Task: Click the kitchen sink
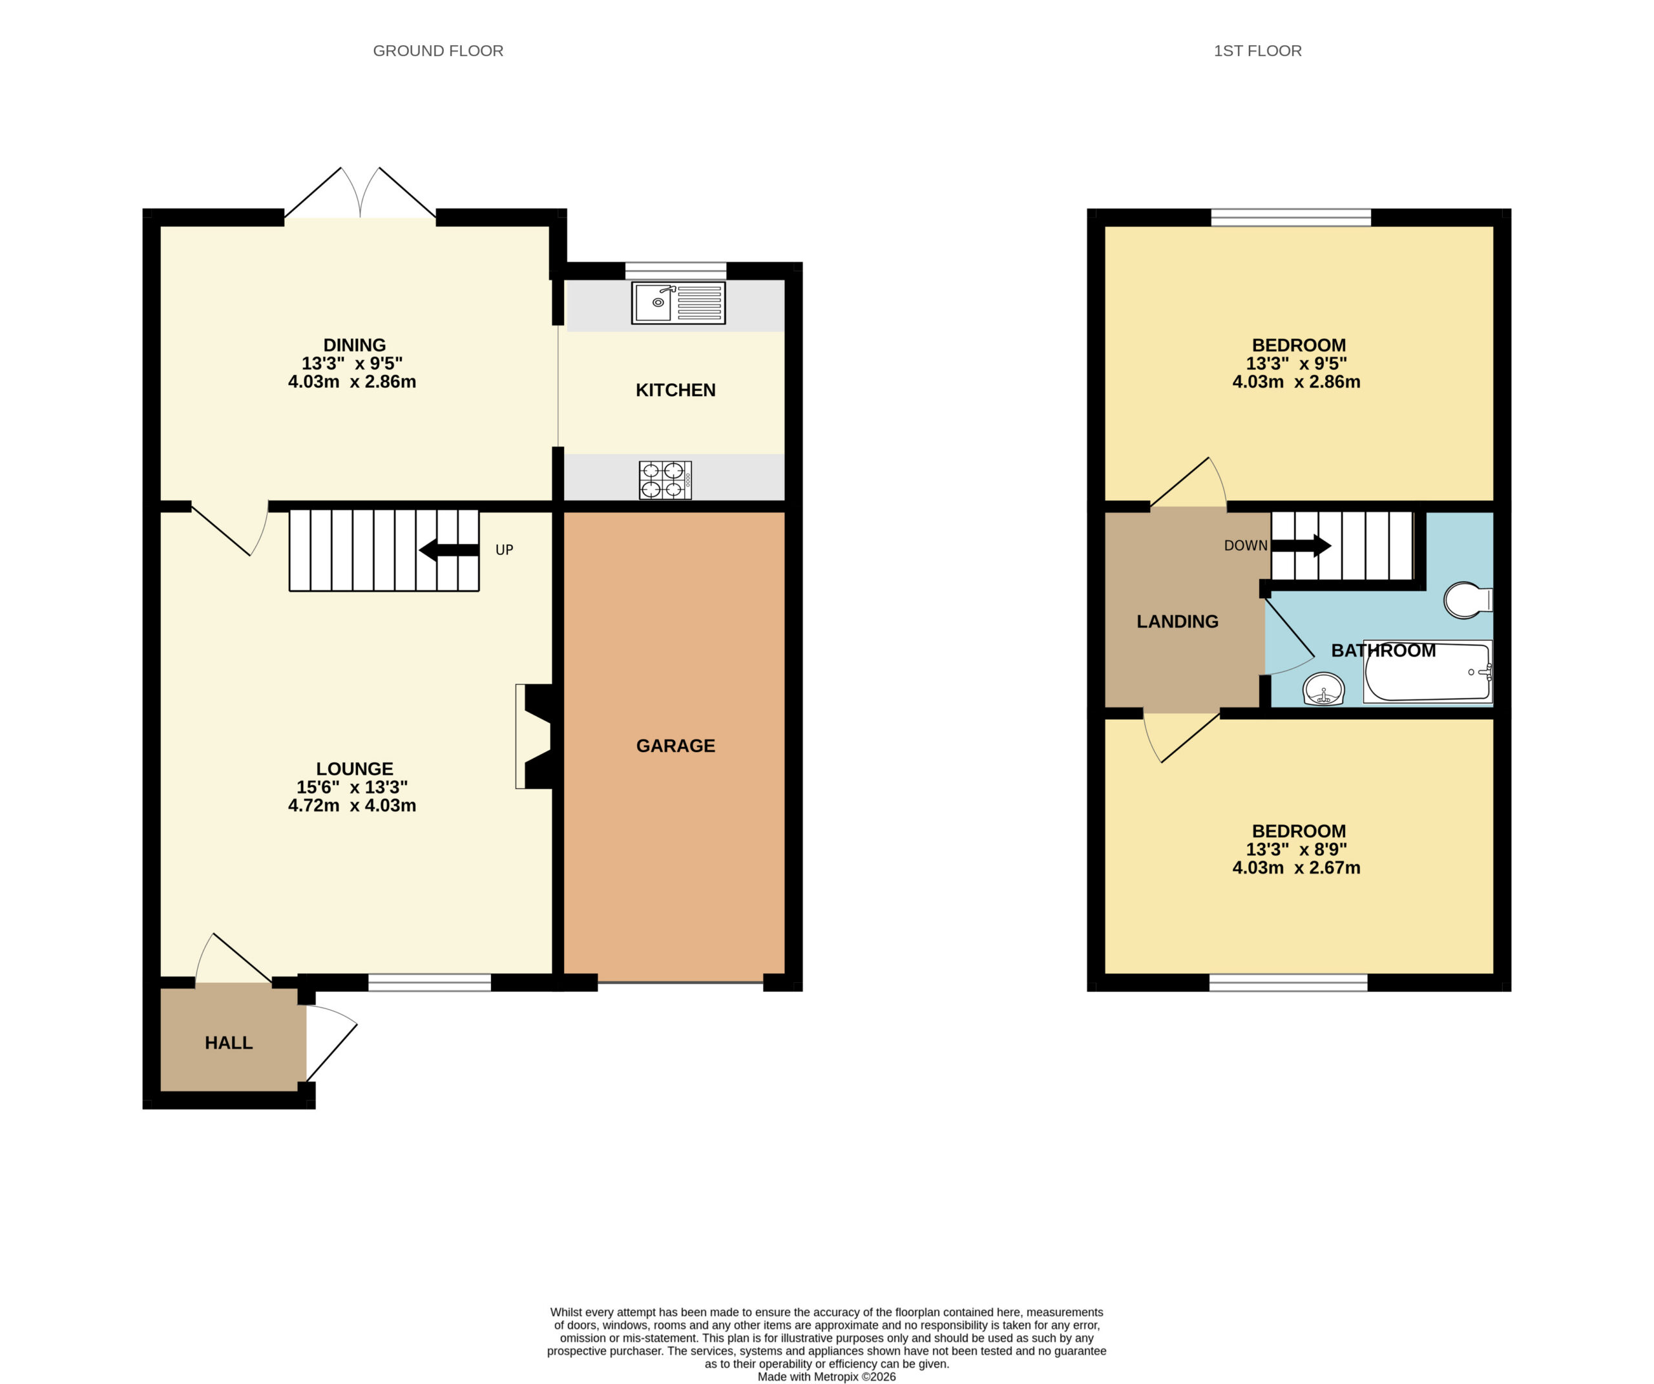[678, 302]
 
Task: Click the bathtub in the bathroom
[1428, 672]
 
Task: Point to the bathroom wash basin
[1324, 689]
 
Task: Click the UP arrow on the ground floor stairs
[449, 550]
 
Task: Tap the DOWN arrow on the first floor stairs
[1301, 545]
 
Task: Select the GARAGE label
[676, 746]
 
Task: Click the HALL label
[229, 1043]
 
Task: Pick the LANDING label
[1177, 622]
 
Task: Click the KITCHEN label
[676, 390]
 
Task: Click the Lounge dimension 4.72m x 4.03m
[352, 805]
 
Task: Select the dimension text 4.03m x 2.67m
[1297, 867]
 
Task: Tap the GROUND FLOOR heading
[438, 51]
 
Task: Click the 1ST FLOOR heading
[1258, 51]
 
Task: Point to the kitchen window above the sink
[676, 270]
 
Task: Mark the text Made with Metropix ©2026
[827, 1377]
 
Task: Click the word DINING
[355, 345]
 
